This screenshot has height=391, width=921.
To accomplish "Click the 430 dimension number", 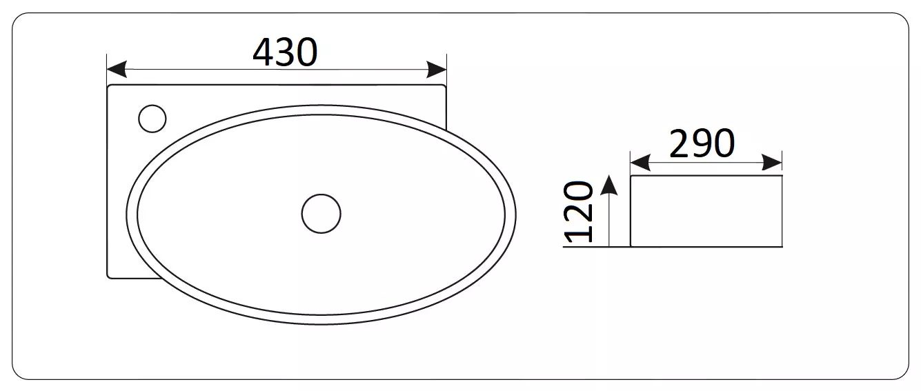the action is (x=285, y=52).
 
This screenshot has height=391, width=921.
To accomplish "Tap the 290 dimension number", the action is (x=702, y=143).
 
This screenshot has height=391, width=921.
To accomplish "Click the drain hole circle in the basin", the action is (x=321, y=214).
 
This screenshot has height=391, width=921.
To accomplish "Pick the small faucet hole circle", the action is (x=152, y=119).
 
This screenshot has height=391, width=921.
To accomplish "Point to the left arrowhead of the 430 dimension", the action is (x=117, y=69).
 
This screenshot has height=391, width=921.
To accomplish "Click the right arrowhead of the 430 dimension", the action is (x=437, y=69).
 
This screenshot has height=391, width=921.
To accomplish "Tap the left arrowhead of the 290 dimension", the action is (x=640, y=163).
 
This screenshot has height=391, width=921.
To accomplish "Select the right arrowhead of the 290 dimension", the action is (x=772, y=163).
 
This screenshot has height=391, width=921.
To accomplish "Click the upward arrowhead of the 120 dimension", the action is (x=609, y=185).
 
